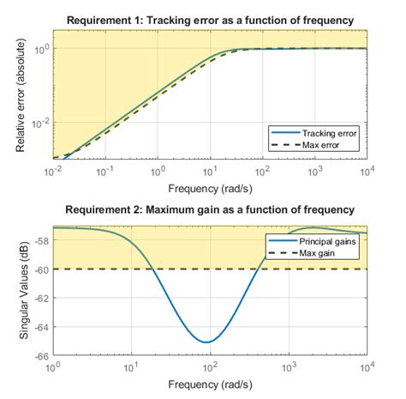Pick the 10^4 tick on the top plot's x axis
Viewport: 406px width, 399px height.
[367, 172]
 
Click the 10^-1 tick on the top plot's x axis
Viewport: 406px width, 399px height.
[104, 172]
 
